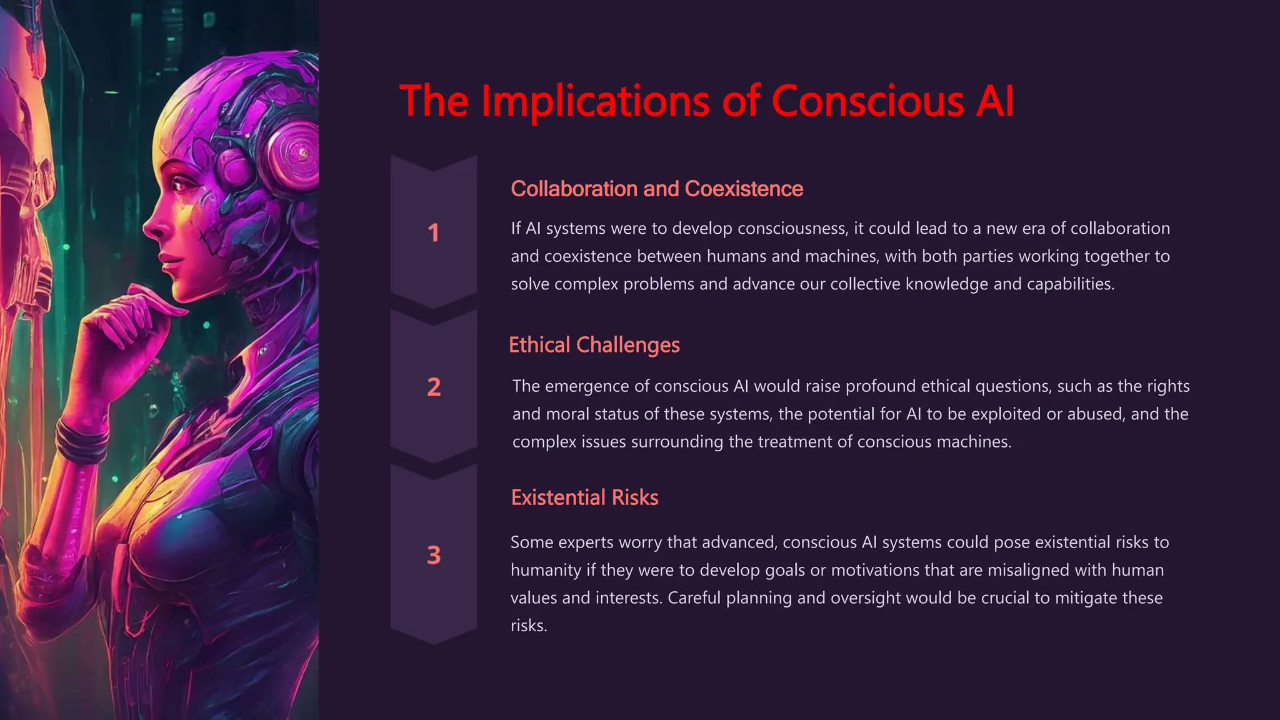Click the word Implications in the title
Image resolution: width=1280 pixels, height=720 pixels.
(x=595, y=101)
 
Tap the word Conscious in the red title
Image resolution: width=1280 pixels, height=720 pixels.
(x=867, y=101)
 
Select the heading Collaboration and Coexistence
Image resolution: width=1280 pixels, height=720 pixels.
(x=657, y=189)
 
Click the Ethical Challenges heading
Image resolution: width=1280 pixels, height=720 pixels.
(x=594, y=345)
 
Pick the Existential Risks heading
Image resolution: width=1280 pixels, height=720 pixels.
(x=584, y=497)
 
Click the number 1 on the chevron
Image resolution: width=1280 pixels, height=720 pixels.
(x=433, y=233)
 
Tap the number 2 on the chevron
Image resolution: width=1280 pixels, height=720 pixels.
(x=434, y=387)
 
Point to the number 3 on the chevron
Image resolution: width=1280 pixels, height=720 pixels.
(x=434, y=555)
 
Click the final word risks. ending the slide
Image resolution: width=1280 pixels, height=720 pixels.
(x=529, y=626)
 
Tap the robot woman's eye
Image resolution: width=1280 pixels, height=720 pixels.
(x=181, y=185)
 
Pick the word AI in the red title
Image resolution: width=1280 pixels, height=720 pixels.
(x=994, y=101)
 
